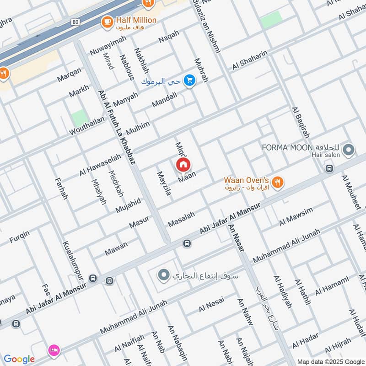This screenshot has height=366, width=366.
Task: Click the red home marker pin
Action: [x=183, y=164]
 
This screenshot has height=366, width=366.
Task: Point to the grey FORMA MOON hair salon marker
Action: [x=349, y=150]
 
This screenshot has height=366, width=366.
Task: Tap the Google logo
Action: [x=19, y=359]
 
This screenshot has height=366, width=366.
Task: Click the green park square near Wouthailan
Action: [x=80, y=118]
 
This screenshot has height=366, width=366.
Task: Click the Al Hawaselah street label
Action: [x=100, y=165]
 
